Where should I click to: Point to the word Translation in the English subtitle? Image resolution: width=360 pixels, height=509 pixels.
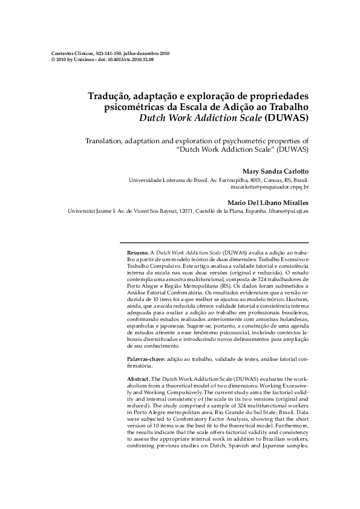pos(109,140)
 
